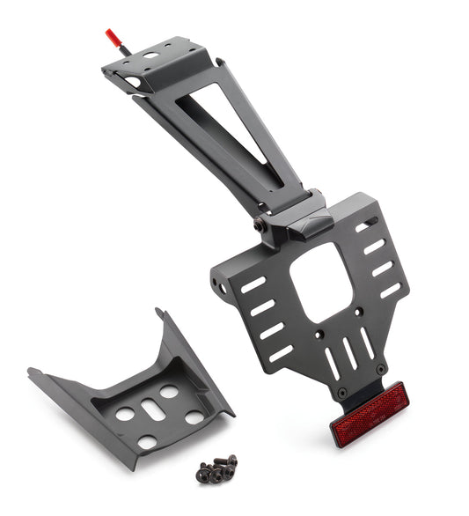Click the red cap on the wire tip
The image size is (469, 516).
pyautogui.click(x=112, y=37)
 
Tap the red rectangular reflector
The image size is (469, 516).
pyautogui.click(x=369, y=413)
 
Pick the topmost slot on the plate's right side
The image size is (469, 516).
pyautogui.click(x=368, y=226)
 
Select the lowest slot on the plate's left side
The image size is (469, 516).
pyautogui.click(x=281, y=353)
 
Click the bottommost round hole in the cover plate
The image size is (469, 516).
pyautogui.click(x=147, y=441)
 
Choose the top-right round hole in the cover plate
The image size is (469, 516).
pyautogui.click(x=168, y=391)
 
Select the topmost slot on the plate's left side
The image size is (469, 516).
pyautogui.click(x=253, y=284)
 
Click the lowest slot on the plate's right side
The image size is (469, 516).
pyautogui.click(x=390, y=290)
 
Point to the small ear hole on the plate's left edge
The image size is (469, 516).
pyautogui.click(x=223, y=287)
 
